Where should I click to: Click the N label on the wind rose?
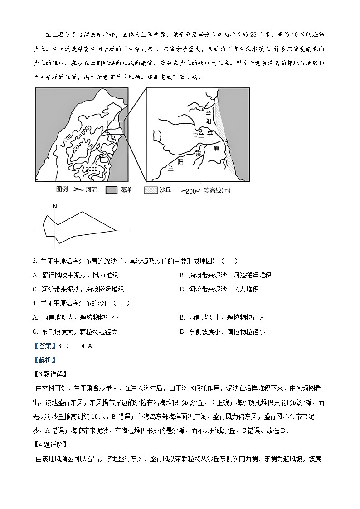(x=54, y=207)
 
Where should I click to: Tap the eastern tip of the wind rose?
(x=116, y=231)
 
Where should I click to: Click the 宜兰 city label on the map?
(x=198, y=135)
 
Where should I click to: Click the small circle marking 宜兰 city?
(x=200, y=131)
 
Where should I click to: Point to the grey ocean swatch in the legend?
(x=111, y=190)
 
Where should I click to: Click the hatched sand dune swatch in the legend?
(x=151, y=190)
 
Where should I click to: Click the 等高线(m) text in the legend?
(x=217, y=191)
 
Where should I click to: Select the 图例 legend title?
(x=62, y=190)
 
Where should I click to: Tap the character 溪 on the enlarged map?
(x=198, y=154)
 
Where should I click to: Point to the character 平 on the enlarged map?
(x=209, y=134)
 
